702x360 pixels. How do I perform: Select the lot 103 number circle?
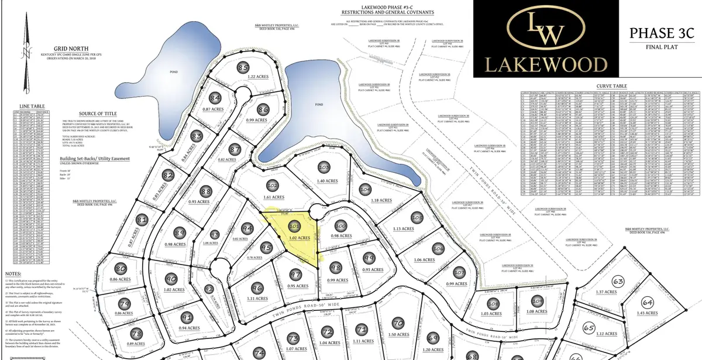click(324, 167)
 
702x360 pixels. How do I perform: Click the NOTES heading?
click(13, 273)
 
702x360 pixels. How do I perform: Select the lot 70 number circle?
click(398, 324)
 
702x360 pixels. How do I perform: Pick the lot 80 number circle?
click(121, 269)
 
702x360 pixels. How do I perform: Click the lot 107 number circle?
click(460, 272)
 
